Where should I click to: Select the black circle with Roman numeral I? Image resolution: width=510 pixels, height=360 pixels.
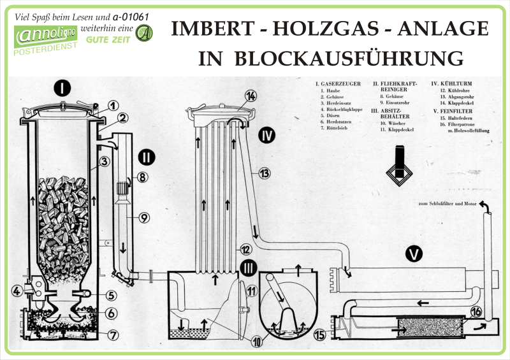(x=62, y=87)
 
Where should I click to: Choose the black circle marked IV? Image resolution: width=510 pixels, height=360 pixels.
(x=267, y=135)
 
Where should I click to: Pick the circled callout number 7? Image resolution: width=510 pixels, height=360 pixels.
(x=112, y=334)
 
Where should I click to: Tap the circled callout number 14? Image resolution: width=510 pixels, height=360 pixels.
(x=251, y=96)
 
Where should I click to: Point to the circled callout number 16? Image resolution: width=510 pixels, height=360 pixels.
(x=476, y=312)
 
